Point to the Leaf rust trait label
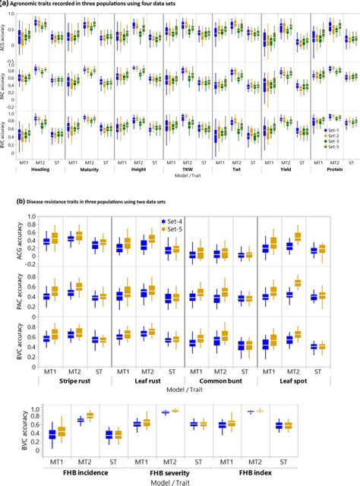tap(146, 386)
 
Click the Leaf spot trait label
tap(292, 386)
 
